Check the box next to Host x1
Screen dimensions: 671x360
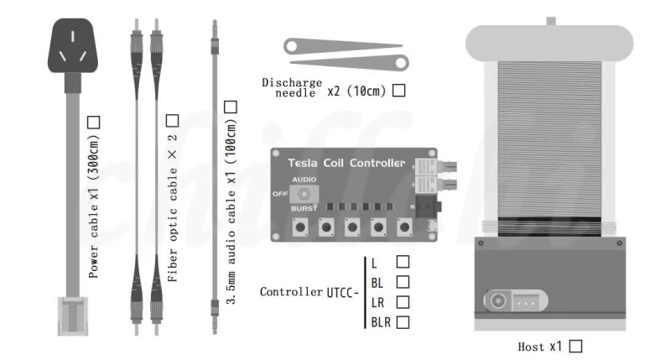tap(575, 346)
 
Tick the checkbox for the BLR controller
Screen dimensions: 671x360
tap(403, 322)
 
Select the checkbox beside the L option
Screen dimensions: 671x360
tap(403, 262)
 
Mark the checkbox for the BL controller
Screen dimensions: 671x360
tap(403, 282)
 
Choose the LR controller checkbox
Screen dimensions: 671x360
tap(403, 302)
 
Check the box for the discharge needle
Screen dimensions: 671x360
tap(399, 91)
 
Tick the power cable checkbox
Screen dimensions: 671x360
tap(93, 123)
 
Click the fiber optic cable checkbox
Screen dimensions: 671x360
tap(172, 121)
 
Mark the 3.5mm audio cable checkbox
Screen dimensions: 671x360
tap(231, 107)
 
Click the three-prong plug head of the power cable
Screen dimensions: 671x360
tap(73, 46)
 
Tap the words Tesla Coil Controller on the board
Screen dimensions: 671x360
tap(346, 163)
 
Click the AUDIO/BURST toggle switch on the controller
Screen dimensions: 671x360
tap(304, 194)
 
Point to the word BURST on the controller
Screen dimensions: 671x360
tap(304, 208)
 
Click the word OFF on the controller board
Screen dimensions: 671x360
tap(280, 194)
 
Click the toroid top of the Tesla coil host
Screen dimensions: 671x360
tap(549, 43)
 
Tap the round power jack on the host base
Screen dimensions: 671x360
tap(497, 300)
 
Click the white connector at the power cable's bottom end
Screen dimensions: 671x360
tap(73, 316)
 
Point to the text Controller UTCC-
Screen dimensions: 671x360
tap(309, 292)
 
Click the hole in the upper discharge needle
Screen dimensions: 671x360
tap(291, 46)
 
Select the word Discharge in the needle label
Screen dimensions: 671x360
tap(292, 82)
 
